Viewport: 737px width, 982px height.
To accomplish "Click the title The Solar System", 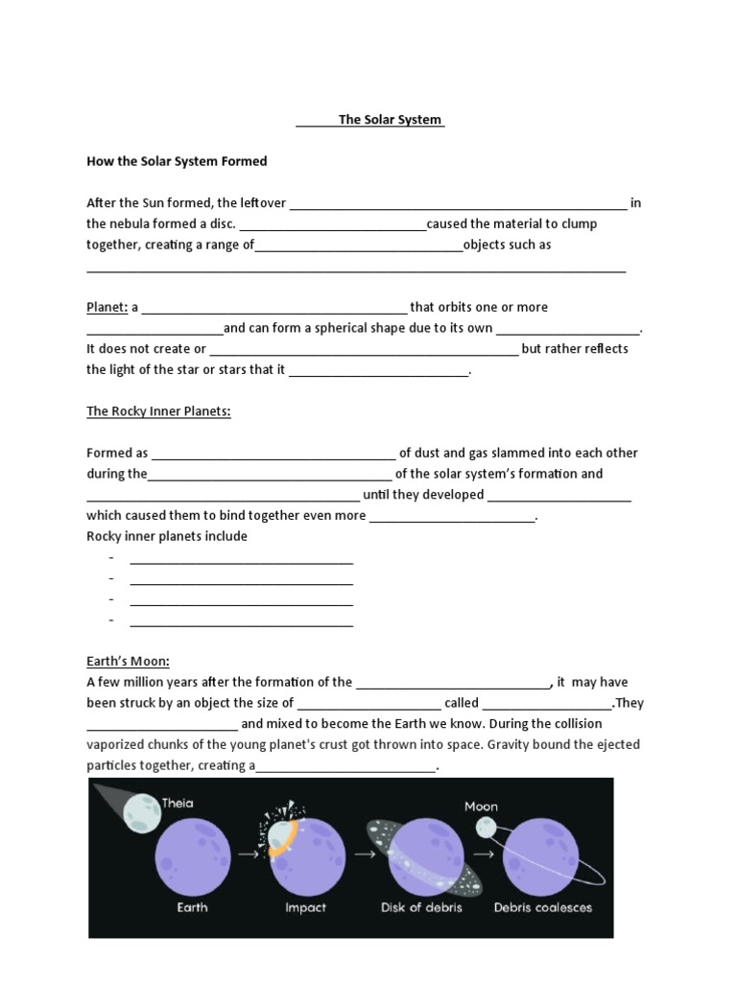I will (390, 120).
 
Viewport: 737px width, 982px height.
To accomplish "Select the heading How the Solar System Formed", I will (177, 161).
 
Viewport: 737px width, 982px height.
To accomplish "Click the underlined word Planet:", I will (107, 307).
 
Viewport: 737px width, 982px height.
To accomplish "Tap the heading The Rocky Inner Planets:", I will (158, 411).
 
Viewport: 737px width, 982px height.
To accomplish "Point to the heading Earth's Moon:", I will (128, 661).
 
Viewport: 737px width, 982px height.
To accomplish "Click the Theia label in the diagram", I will (178, 804).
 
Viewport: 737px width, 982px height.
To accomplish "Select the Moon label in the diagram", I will (482, 807).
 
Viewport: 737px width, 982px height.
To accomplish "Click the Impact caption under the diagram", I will (305, 907).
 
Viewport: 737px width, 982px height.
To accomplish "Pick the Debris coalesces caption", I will (543, 907).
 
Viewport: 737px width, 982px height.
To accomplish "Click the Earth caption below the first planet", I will (192, 907).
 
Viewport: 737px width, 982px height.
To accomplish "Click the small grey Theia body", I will (142, 811).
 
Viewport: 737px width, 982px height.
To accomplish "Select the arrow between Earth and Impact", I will (248, 852).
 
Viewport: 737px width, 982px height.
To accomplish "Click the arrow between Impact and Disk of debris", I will (365, 852).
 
